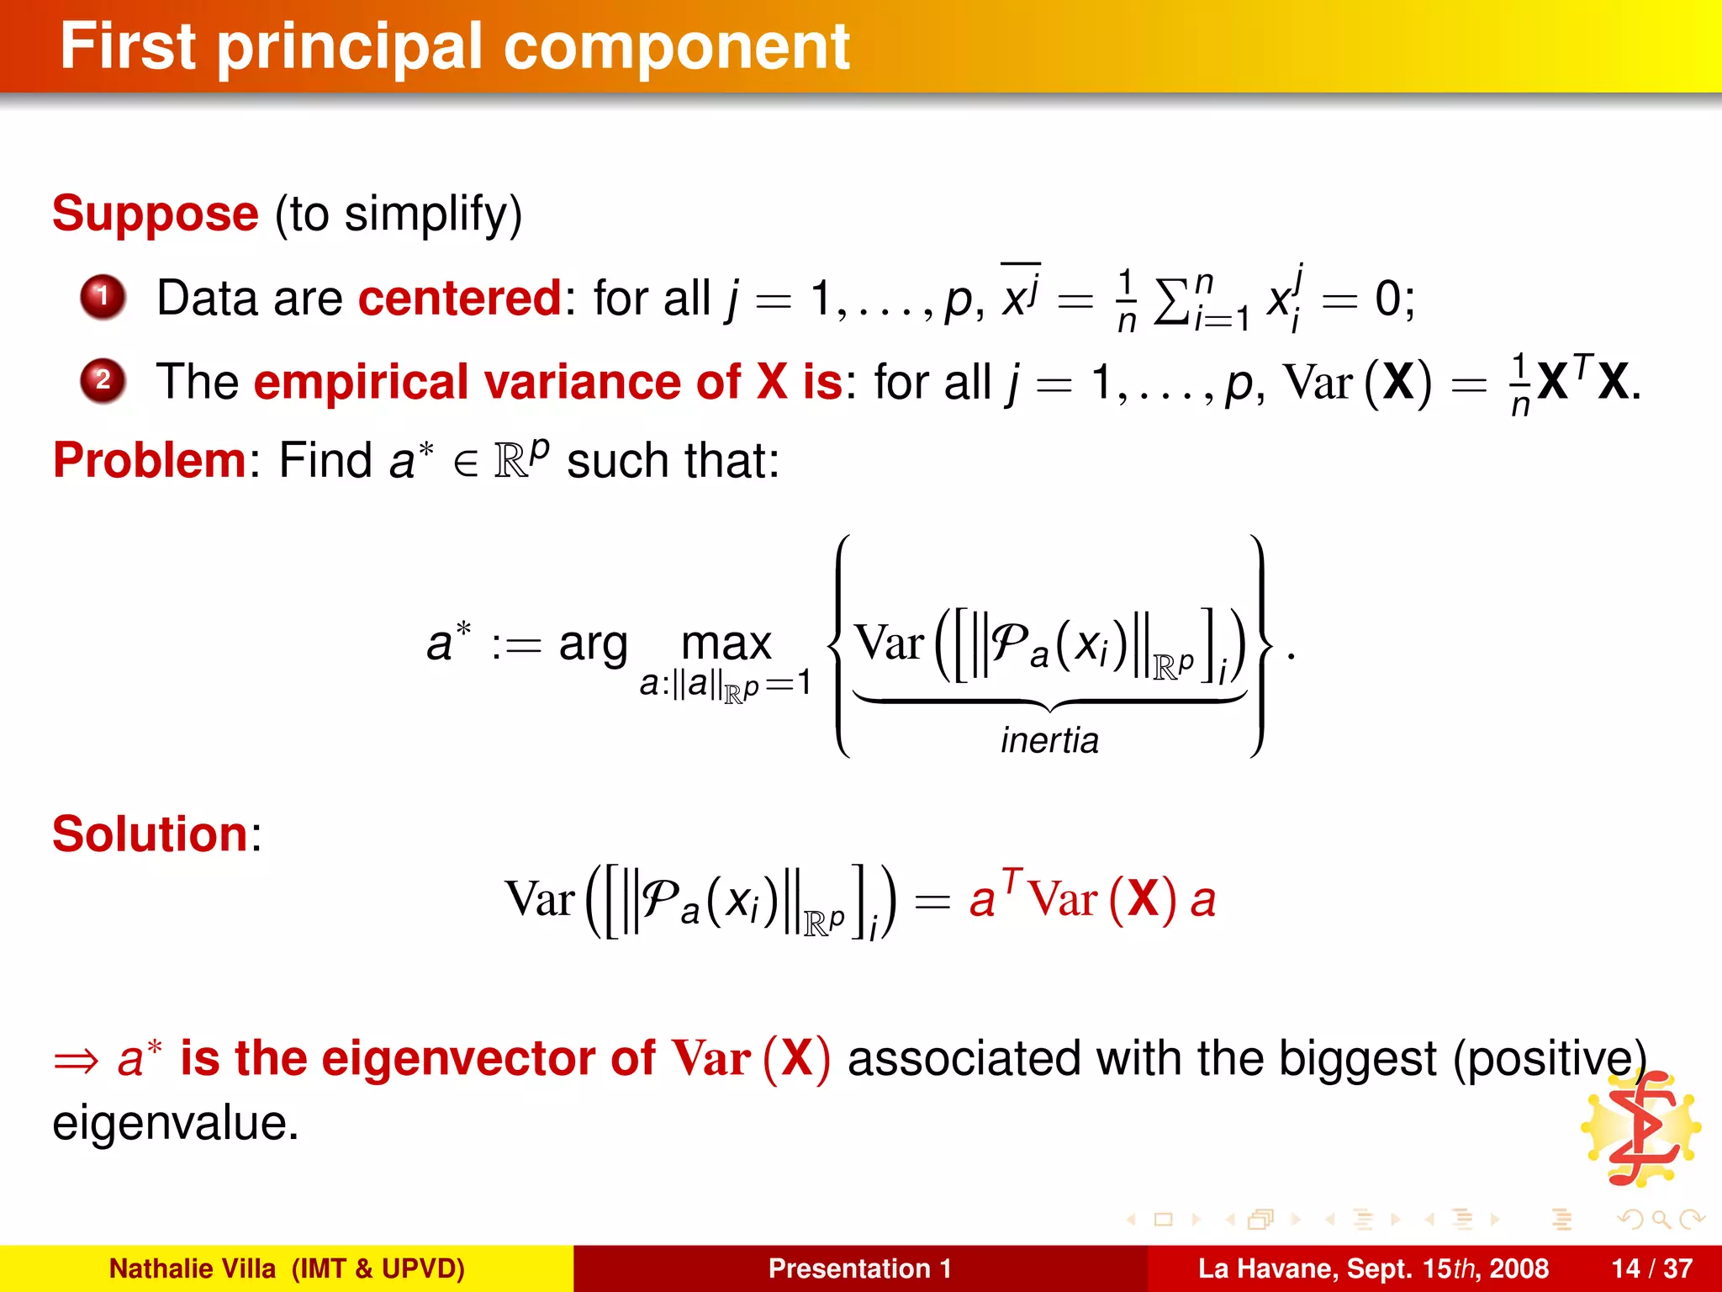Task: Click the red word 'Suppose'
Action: point(156,214)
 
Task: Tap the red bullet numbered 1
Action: point(103,296)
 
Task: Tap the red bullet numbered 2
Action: point(103,380)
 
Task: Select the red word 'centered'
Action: point(460,298)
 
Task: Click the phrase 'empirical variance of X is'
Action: point(547,382)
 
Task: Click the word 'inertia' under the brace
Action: point(1049,740)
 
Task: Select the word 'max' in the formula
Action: point(726,644)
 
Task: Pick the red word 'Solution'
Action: point(151,834)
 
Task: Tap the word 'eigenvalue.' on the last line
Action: point(176,1123)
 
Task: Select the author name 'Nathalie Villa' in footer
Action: point(193,1268)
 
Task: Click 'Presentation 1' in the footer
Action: point(859,1268)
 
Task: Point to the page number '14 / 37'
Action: point(1651,1268)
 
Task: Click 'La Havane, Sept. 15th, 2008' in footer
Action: point(1372,1268)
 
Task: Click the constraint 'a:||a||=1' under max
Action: point(726,685)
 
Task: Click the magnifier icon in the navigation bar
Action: point(1660,1219)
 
